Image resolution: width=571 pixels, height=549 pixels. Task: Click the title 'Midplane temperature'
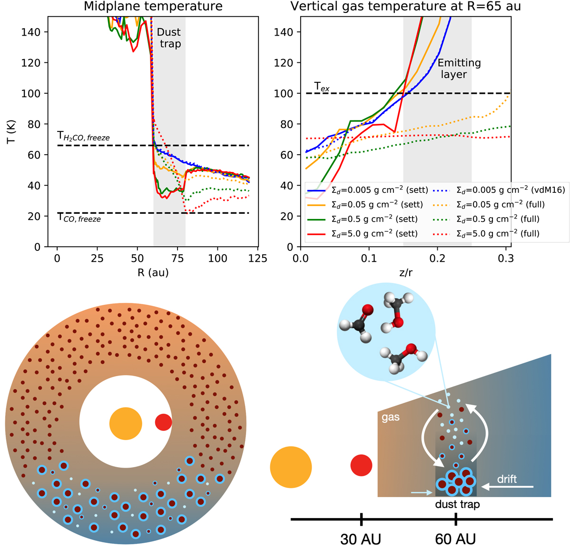(x=153, y=6)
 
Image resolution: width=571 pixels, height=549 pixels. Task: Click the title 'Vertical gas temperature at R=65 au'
(x=406, y=6)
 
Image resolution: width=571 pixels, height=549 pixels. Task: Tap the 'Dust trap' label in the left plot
(x=169, y=38)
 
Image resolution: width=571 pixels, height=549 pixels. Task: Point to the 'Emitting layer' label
(x=459, y=69)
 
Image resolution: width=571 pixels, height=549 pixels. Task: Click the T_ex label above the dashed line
(x=322, y=87)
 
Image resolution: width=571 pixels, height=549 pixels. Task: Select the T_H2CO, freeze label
(x=83, y=137)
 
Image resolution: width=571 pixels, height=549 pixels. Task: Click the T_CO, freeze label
(x=79, y=219)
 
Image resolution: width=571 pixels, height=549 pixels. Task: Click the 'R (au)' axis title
(x=152, y=273)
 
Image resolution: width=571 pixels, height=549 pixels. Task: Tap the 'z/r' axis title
(x=406, y=273)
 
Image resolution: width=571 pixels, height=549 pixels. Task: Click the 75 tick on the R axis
(x=177, y=259)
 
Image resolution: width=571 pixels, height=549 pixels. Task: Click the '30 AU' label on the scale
(x=361, y=539)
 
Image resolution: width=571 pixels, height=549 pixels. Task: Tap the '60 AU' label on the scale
(x=455, y=539)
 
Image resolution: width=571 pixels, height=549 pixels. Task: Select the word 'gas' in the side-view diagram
(x=390, y=418)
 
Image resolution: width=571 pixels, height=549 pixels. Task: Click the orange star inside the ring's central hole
(x=126, y=424)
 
